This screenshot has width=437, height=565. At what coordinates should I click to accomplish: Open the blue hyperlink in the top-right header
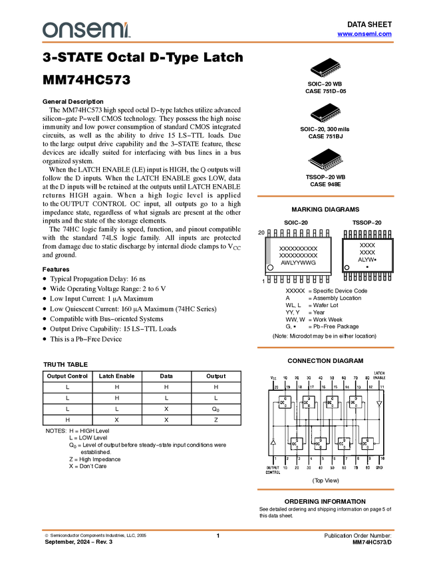pyautogui.click(x=364, y=34)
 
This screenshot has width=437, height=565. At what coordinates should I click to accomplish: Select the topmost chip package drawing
pyautogui.click(x=328, y=71)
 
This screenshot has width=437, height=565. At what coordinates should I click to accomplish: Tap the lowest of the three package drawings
pyautogui.click(x=327, y=163)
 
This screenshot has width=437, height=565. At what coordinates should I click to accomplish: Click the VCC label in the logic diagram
pyautogui.click(x=273, y=378)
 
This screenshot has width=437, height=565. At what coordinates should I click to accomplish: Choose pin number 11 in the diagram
pyautogui.click(x=381, y=386)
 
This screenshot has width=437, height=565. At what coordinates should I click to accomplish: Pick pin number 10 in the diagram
pyautogui.click(x=382, y=459)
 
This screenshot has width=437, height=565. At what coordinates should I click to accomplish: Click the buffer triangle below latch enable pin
pyautogui.click(x=380, y=403)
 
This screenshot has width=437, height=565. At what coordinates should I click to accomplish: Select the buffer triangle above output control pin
pyautogui.click(x=273, y=441)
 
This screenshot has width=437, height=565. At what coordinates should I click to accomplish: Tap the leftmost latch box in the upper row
pyautogui.click(x=287, y=403)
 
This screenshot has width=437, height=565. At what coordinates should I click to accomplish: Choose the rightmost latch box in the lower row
pyautogui.click(x=367, y=443)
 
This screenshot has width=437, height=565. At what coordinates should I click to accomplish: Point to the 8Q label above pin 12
pyautogui.click(x=369, y=378)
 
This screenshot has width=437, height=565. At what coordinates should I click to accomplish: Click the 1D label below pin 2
pyautogui.click(x=285, y=467)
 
